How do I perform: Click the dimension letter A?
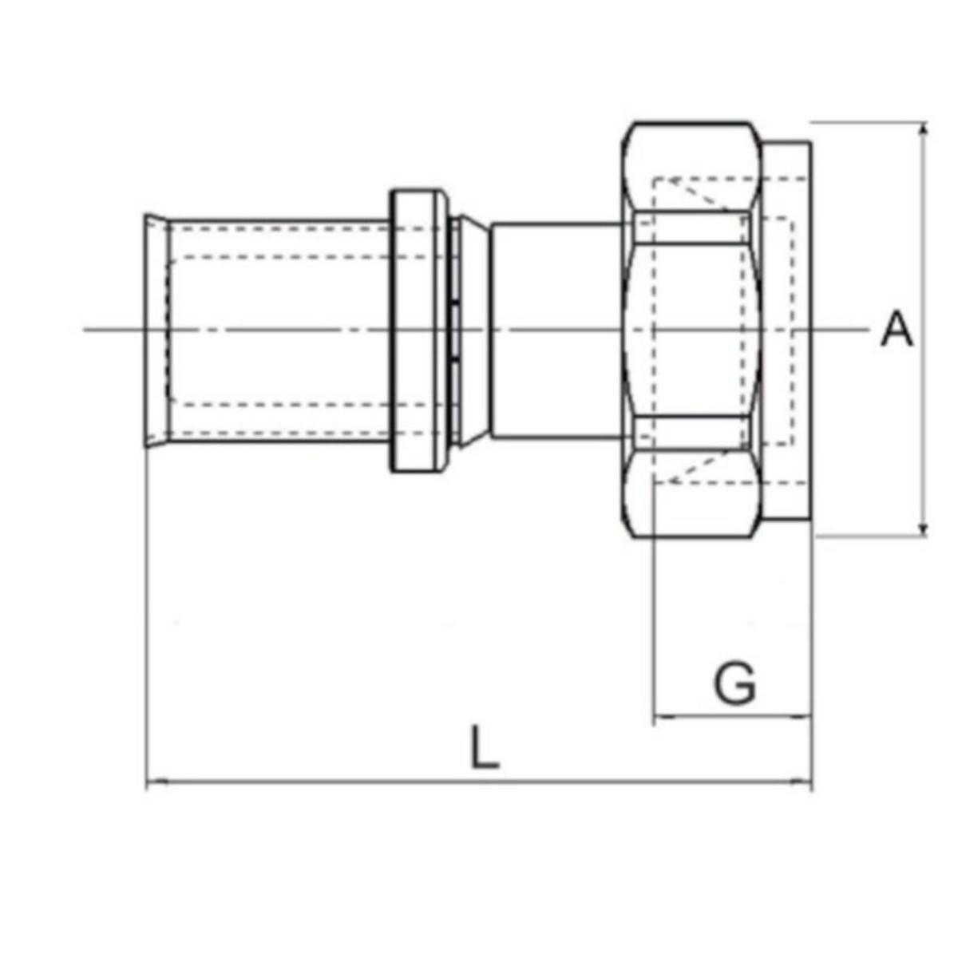point(896,329)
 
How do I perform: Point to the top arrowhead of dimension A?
point(924,129)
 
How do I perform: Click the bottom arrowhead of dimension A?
point(924,529)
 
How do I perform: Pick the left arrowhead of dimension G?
point(662,718)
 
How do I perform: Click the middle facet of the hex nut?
point(691,329)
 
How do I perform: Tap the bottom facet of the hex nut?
point(691,499)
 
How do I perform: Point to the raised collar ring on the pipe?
point(418,330)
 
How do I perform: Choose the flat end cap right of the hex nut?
point(786,329)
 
